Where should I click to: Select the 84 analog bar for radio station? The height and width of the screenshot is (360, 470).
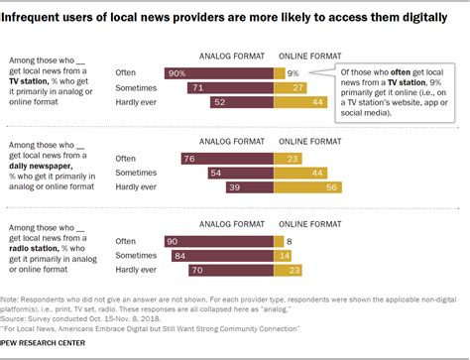tap(211, 254)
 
